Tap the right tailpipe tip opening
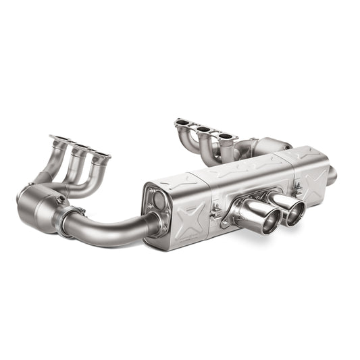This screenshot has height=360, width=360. [x=294, y=213]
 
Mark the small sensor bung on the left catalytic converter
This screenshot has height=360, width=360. [x=59, y=201]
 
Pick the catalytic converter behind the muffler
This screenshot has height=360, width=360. [x=270, y=145]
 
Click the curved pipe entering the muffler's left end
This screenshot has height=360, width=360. [x=115, y=227]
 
